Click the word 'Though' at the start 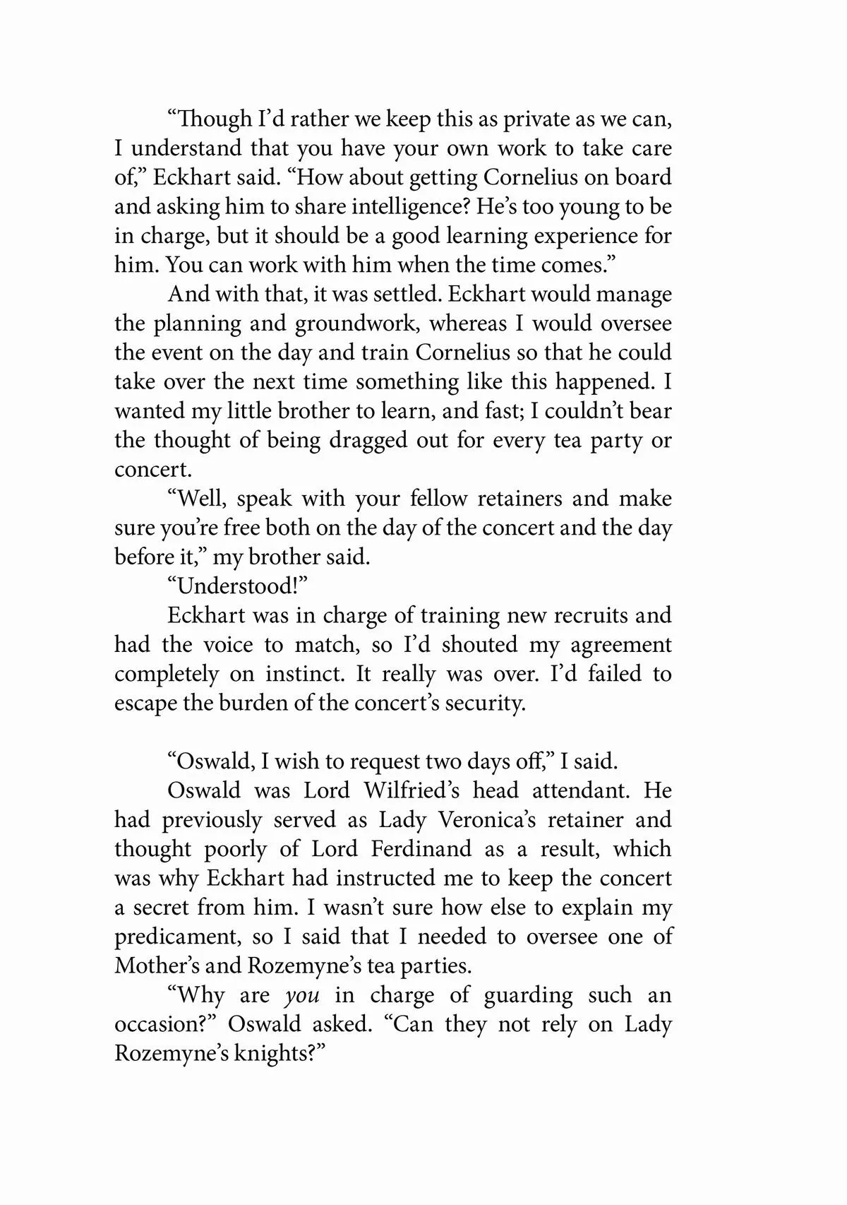point(213,119)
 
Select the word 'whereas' point(468,323)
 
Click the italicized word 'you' point(302,996)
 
